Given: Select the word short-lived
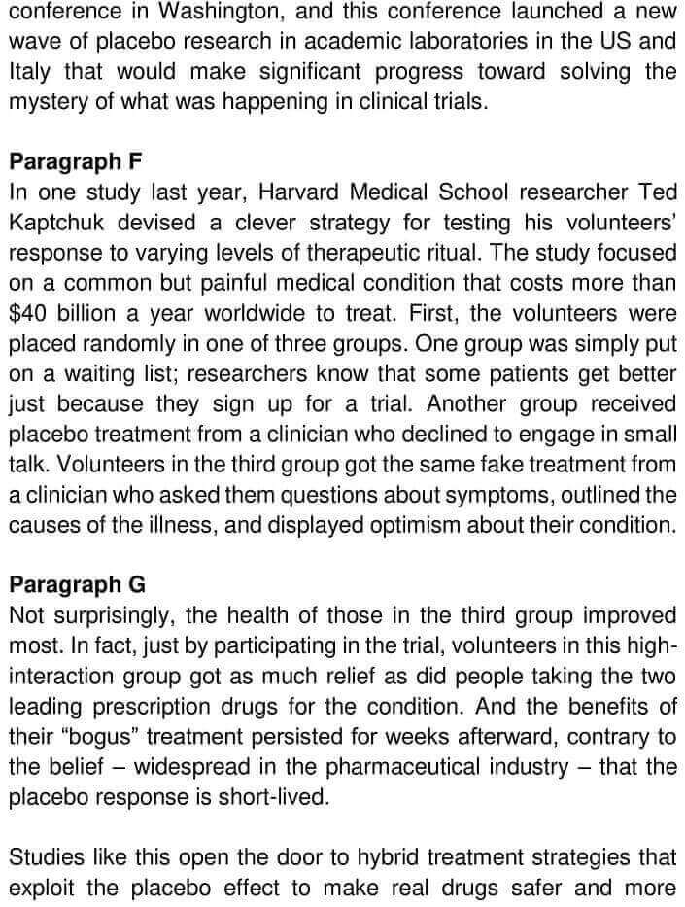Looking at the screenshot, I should [281, 797].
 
